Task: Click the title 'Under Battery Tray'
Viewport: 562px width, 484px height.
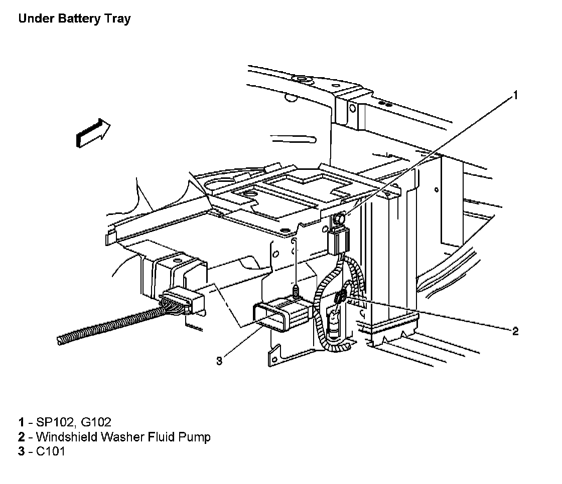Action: coord(74,20)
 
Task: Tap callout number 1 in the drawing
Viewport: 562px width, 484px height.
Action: coord(515,95)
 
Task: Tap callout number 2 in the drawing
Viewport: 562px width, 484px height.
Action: coord(515,331)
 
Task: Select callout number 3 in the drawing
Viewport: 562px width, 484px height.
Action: coord(219,361)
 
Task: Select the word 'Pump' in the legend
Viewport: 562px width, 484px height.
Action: coord(194,437)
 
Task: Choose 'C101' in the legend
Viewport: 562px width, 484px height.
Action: coord(51,452)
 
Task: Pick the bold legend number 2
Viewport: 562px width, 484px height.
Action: coord(22,437)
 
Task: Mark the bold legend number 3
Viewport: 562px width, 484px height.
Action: coord(22,452)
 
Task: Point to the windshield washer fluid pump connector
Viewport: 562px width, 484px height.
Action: coord(340,298)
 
